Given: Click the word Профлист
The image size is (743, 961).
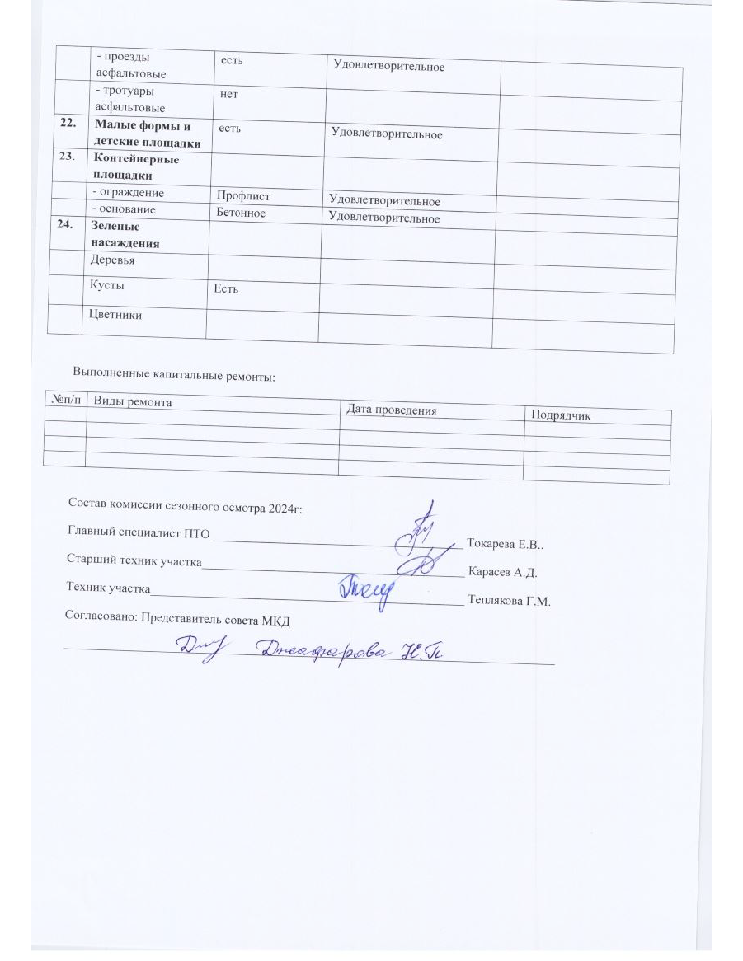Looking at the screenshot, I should pos(242,196).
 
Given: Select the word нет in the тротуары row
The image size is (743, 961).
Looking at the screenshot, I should pos(228,95).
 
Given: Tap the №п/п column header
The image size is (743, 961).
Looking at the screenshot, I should pos(65,399).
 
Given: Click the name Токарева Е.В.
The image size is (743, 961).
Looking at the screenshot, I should pos(505,544).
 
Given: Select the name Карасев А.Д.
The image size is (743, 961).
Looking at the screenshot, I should pos(503,571).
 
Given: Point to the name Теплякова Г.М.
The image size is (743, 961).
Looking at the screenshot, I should pos(508,601).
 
